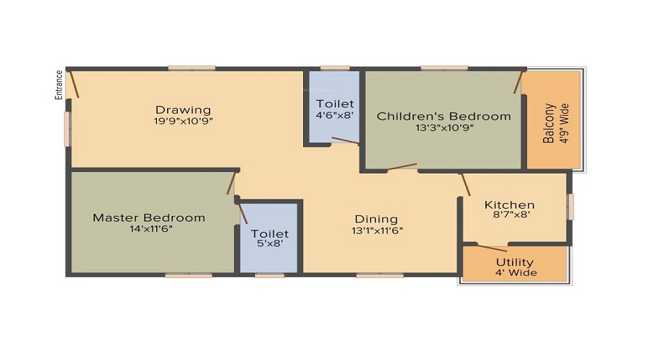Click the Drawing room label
(184, 110)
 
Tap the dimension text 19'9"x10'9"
(184, 121)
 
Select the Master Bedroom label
(149, 217)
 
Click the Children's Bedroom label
(444, 116)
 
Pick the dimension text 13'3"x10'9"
(444, 127)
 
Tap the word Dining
(376, 219)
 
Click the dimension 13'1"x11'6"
(376, 230)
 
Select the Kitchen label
(509, 204)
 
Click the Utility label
(515, 262)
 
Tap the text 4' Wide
(515, 273)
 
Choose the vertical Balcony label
(549, 124)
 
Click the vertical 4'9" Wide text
(564, 124)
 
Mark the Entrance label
(60, 84)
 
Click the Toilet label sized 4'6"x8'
(335, 104)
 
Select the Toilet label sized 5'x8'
(269, 233)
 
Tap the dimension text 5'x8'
(269, 245)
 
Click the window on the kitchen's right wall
(570, 206)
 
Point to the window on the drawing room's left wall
(68, 129)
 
